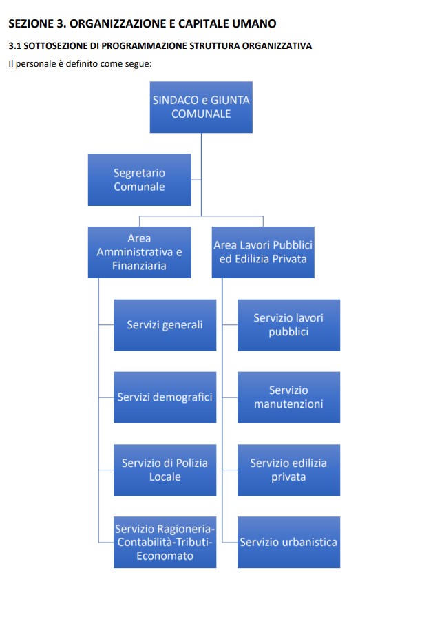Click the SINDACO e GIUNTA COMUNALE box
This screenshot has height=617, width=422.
point(201,107)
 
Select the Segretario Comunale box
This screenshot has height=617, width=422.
point(139,180)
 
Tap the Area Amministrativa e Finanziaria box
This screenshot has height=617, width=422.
point(139,252)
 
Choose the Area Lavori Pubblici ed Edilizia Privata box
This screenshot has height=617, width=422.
point(263,252)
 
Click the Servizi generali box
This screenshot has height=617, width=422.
point(165,324)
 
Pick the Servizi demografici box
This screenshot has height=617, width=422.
point(165,397)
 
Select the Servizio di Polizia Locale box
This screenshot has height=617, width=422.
point(165,470)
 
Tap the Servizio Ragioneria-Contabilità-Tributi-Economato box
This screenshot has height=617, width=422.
point(165,542)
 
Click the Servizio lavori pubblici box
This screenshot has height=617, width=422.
point(288,324)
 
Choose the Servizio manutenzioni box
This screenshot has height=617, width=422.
point(288,397)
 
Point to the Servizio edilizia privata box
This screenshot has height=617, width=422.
point(288,470)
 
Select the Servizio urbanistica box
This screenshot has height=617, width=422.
point(288,542)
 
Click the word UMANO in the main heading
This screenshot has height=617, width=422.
point(253,24)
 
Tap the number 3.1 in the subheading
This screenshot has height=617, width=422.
point(14,46)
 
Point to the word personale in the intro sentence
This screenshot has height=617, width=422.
point(37,63)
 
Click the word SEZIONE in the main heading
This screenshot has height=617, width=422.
point(30,24)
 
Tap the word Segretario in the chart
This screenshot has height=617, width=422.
point(139,173)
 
